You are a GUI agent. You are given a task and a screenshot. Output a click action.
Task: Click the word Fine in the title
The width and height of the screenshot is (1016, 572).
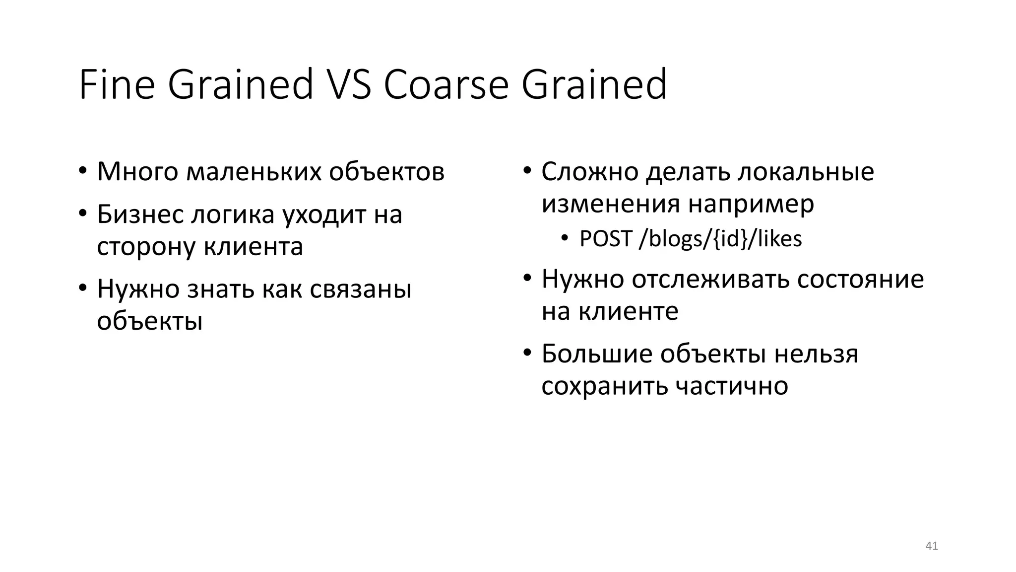(x=117, y=85)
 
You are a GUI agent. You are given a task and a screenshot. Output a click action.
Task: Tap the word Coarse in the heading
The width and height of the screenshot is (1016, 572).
(x=446, y=85)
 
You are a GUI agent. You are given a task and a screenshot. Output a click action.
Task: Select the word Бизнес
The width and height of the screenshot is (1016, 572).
(x=140, y=214)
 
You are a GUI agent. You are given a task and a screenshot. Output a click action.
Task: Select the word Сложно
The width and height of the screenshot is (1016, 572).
(x=590, y=172)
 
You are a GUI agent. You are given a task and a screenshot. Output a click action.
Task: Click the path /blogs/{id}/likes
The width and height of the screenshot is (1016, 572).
(x=720, y=239)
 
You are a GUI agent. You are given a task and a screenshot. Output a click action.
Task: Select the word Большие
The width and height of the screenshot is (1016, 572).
(x=597, y=354)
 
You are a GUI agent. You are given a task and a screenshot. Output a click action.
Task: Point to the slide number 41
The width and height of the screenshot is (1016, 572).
(x=932, y=546)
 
